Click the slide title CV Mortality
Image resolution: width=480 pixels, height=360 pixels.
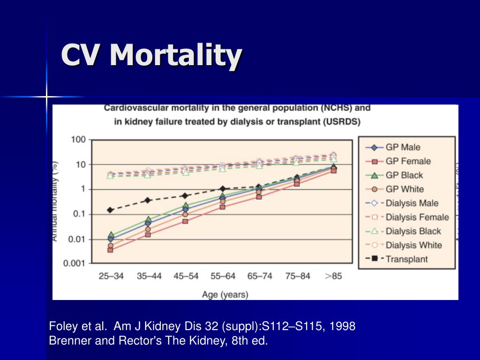click(x=151, y=55)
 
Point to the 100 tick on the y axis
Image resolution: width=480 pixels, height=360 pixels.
click(x=78, y=140)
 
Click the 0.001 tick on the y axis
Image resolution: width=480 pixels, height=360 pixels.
click(x=75, y=263)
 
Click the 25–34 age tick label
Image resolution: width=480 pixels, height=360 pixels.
click(x=111, y=276)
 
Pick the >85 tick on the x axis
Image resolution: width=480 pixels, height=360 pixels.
click(x=333, y=276)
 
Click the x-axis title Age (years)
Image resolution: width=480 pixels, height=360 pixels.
click(x=225, y=295)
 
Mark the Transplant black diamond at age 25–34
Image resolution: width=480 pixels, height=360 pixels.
click(x=111, y=210)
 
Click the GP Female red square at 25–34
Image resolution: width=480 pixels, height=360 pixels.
click(x=110, y=250)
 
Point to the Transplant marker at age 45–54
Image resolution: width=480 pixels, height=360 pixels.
click(x=185, y=195)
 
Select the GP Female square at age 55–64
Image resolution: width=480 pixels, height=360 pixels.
click(x=222, y=207)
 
